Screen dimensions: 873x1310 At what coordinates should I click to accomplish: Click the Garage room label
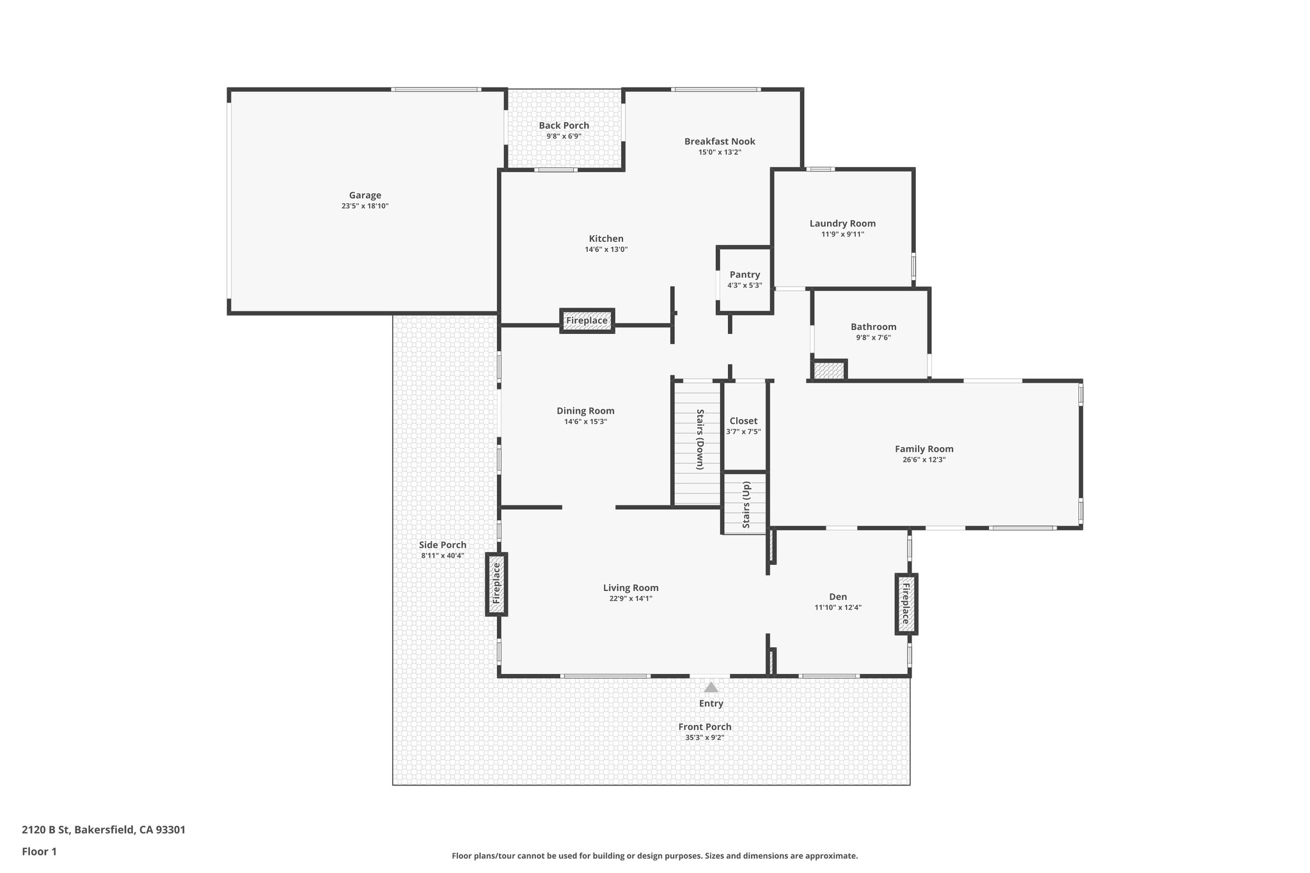[365, 196]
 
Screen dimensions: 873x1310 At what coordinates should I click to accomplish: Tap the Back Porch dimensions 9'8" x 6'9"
[564, 136]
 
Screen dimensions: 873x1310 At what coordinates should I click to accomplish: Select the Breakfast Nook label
[720, 141]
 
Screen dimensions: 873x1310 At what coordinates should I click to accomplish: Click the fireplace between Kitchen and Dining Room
[587, 320]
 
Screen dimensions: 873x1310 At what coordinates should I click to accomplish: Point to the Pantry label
[745, 274]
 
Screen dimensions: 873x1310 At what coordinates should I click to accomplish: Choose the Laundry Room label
[842, 223]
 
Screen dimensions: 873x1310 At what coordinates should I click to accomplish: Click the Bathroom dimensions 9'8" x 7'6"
[873, 338]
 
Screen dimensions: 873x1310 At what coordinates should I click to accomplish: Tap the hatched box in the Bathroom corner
[830, 370]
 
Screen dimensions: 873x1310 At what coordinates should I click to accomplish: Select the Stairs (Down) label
[700, 439]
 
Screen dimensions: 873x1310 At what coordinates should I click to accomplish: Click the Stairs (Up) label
[746, 505]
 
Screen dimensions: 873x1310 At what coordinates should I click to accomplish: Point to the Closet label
[743, 421]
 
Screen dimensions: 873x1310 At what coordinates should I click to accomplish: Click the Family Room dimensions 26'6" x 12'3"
[924, 460]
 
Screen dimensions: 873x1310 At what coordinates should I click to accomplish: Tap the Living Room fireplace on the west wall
[496, 583]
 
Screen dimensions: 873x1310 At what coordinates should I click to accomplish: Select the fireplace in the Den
[906, 604]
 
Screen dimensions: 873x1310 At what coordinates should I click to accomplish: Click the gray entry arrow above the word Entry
[711, 688]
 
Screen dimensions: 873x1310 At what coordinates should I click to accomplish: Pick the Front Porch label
[705, 727]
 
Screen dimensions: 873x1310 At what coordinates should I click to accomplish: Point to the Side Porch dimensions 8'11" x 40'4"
[443, 556]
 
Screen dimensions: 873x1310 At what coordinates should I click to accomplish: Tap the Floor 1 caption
[39, 851]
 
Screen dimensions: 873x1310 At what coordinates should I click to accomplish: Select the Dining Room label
[585, 411]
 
